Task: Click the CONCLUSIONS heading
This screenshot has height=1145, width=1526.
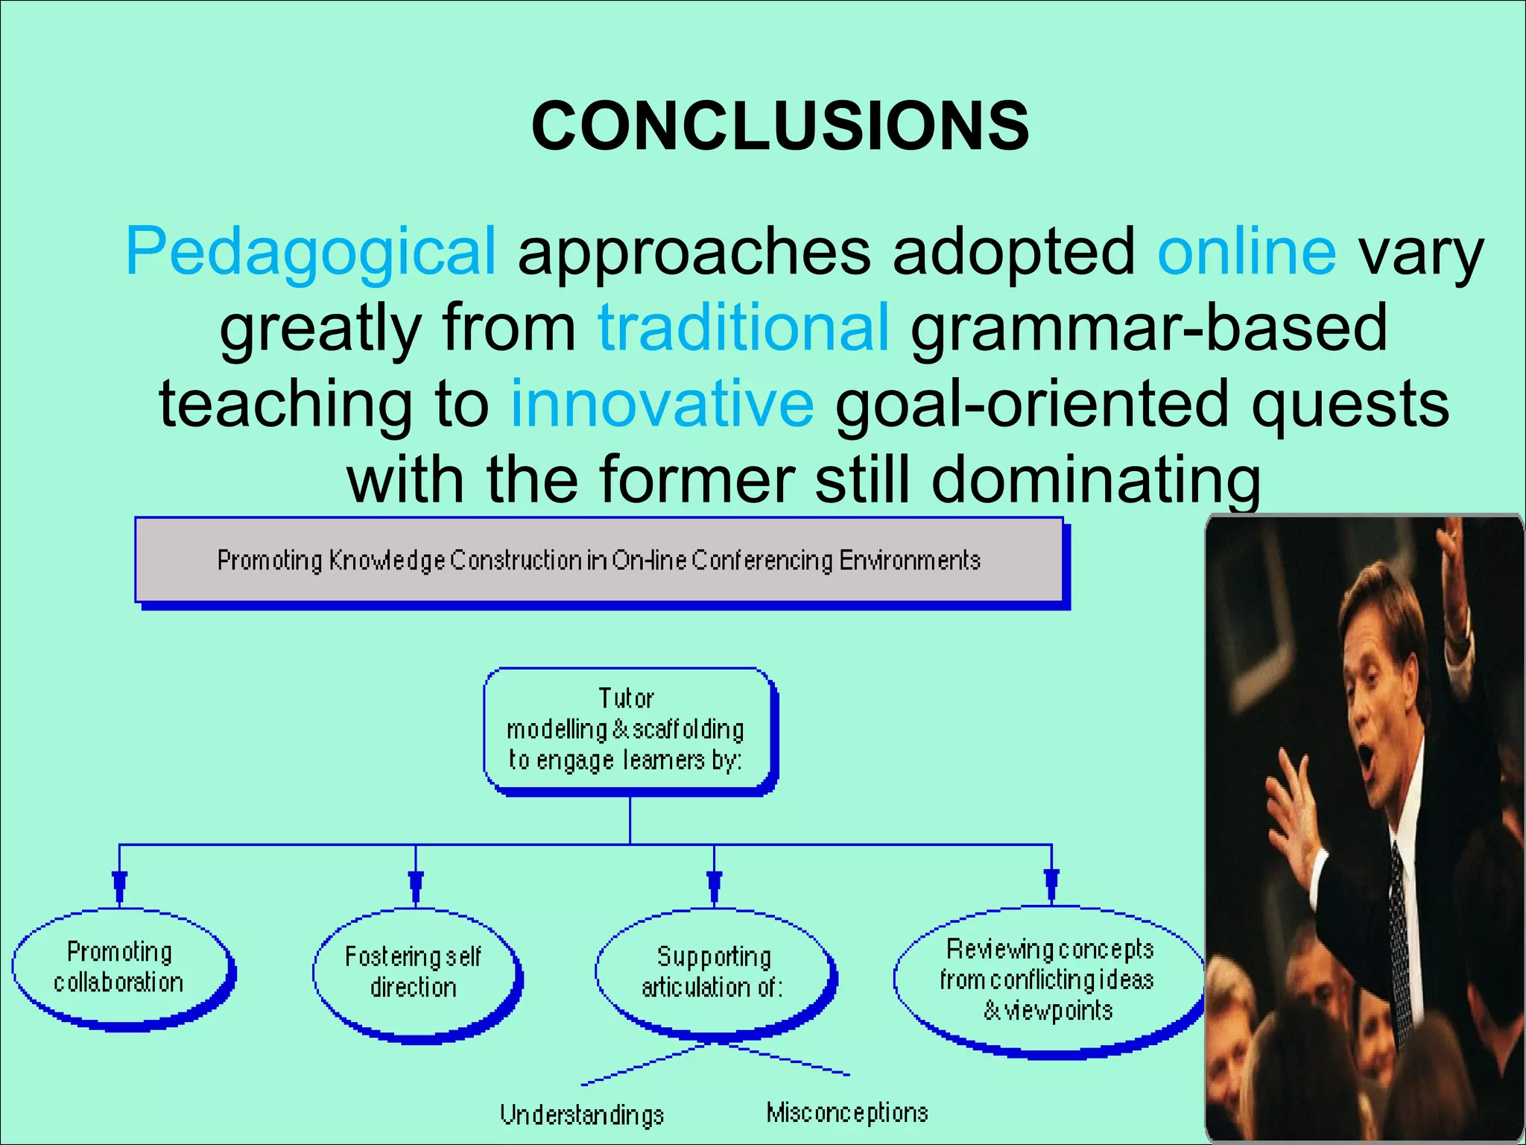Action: (x=780, y=126)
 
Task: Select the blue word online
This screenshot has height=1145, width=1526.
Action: (x=1247, y=252)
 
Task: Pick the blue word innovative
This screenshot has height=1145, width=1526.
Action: (x=662, y=403)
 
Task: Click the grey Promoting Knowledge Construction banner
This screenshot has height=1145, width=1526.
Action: (x=598, y=560)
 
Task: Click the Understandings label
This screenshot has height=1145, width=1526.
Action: (x=581, y=1114)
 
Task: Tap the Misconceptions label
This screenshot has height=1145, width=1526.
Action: (x=847, y=1112)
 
